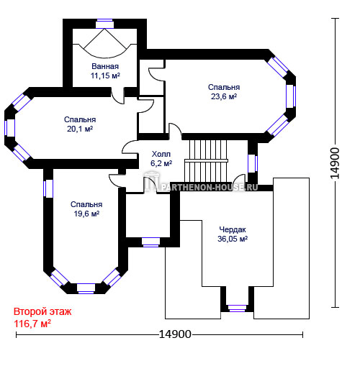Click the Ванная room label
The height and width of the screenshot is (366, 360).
point(105,66)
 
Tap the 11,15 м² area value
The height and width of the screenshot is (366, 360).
point(105,76)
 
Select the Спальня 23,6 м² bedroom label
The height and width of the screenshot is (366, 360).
point(224,91)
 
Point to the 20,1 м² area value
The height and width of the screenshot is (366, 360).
point(80,129)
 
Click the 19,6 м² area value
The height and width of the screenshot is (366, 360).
point(86,214)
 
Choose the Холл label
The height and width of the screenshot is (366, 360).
point(161,154)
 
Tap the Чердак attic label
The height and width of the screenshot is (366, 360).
point(233,229)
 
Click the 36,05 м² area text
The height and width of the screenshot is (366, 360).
point(233,239)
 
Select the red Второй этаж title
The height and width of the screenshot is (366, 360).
point(42,311)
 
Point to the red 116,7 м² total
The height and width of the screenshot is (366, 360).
point(32,324)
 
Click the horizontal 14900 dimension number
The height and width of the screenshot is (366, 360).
point(175,334)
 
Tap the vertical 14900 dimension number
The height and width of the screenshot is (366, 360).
point(335,163)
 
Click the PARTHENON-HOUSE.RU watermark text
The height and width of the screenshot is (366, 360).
point(209,187)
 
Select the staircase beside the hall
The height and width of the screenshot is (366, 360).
point(206,160)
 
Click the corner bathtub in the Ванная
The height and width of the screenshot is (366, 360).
point(105,43)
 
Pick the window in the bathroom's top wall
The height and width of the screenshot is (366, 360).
point(104,24)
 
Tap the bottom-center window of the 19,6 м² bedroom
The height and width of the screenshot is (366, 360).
point(86,288)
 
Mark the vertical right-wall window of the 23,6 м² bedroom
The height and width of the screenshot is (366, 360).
point(291,96)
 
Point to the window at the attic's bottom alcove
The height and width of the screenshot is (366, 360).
point(237,308)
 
